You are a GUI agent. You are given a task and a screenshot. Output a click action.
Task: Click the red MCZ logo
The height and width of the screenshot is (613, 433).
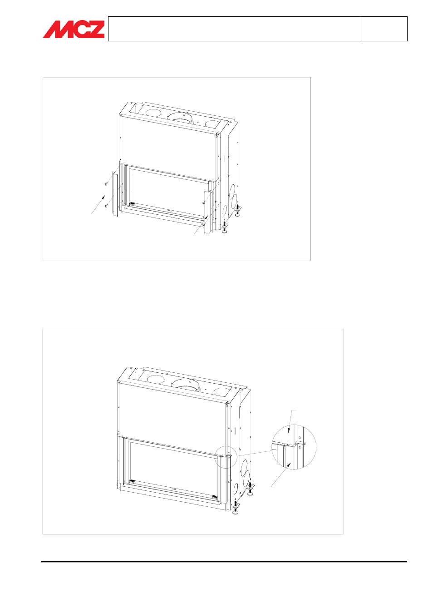[x=74, y=29]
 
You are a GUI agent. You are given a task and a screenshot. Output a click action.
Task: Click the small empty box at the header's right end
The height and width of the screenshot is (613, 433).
[x=384, y=29]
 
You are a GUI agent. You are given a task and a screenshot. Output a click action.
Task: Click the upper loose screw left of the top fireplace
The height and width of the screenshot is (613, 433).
[x=106, y=184]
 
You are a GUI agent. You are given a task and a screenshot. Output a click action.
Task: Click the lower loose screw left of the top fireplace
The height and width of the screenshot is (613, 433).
[x=106, y=207]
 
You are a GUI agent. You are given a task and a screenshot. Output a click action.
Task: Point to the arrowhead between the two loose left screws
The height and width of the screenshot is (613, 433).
[x=103, y=197]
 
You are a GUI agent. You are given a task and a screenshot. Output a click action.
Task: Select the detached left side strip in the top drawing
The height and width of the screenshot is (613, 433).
[x=115, y=195]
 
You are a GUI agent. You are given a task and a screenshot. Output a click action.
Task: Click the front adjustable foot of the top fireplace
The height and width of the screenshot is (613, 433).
[x=225, y=227]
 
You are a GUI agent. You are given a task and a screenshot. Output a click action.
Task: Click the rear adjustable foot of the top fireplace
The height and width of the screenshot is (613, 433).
[x=238, y=211]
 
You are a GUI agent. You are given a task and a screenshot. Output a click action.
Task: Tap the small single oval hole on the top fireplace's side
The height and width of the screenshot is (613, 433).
[x=225, y=210]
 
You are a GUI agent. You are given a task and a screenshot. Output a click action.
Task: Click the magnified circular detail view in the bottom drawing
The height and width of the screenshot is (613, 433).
[x=294, y=447]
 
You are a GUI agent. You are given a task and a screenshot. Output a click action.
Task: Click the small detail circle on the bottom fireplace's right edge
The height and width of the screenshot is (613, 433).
[x=226, y=457]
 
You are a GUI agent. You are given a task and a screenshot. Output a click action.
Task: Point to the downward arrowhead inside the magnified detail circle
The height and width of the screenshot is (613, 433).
[x=288, y=431]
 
